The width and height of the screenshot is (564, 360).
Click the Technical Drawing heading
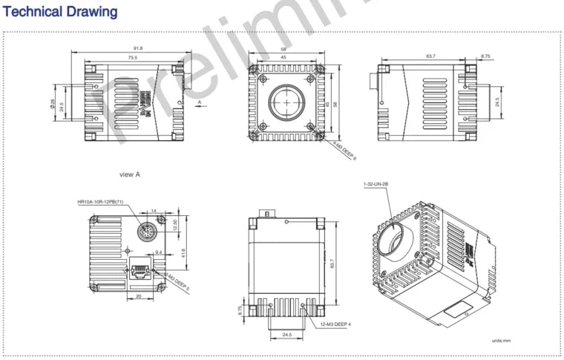point(61,12)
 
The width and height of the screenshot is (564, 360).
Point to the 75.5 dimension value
point(133,57)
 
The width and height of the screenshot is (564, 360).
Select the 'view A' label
point(130,174)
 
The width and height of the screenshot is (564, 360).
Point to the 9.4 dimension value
point(158,253)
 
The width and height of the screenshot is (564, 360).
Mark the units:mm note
point(502,341)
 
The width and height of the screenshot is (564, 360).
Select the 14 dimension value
point(154,212)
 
